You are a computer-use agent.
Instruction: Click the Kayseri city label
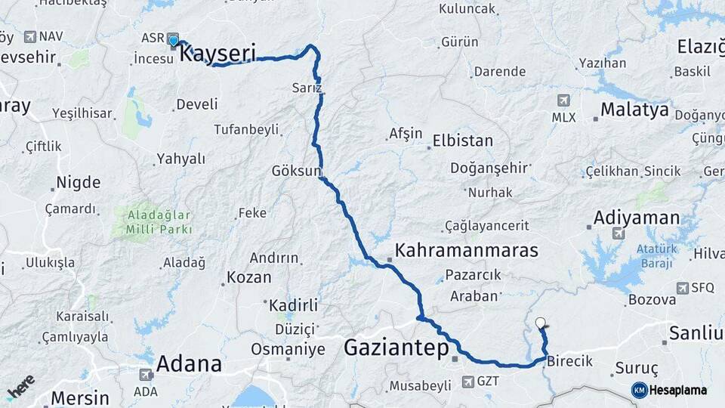[x=218, y=54]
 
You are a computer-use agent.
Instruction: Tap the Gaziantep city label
[x=396, y=348]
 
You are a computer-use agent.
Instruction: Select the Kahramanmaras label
[x=467, y=250]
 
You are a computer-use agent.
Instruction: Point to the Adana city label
[x=189, y=364]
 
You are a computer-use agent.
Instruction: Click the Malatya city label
[x=634, y=110]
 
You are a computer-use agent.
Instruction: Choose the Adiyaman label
[x=637, y=218]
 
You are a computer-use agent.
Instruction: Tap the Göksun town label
[x=297, y=172]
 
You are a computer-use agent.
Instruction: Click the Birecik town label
[x=570, y=361]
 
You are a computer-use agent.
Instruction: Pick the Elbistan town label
[x=462, y=141]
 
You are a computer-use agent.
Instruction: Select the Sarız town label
[x=307, y=88]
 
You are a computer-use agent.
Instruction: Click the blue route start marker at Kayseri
[x=173, y=41]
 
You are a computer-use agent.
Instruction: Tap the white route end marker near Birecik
[x=540, y=323]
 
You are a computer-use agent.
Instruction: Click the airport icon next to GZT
[x=462, y=382]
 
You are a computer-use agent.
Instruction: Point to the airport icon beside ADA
[x=146, y=374]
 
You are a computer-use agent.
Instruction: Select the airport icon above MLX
[x=563, y=100]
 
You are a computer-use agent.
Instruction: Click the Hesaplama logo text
[x=677, y=390]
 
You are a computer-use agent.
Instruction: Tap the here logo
[x=20, y=387]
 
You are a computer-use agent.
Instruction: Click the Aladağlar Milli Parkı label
[x=154, y=222]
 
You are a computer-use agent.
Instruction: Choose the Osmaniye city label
[x=288, y=349]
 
